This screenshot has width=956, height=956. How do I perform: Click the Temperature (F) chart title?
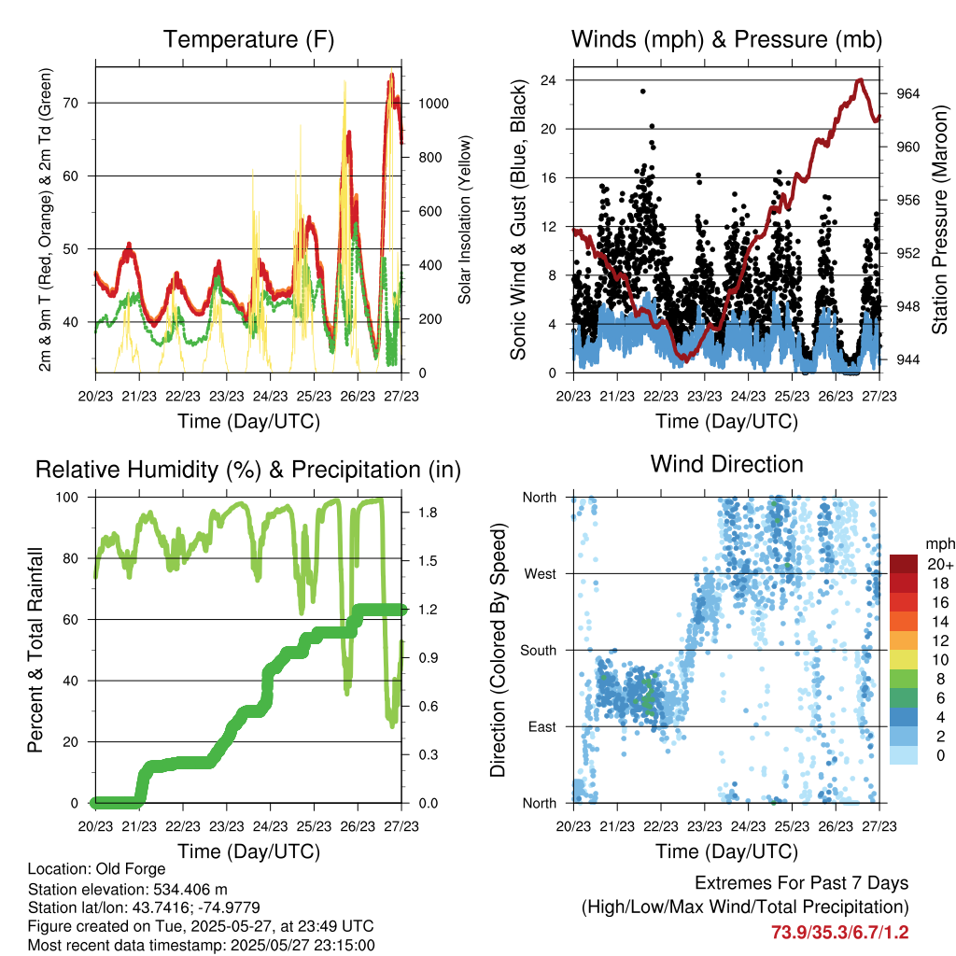248,40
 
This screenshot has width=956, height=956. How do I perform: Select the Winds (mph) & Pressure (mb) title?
726,40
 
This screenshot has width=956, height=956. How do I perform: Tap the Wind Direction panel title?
726,464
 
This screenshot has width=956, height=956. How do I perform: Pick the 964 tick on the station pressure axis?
907,93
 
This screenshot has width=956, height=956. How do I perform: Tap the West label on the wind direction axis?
540,573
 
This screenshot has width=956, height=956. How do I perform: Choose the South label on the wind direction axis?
538,650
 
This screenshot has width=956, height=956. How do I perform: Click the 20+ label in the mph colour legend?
938,564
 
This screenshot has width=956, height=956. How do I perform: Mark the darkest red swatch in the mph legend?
903,564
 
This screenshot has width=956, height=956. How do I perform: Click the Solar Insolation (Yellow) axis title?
465,219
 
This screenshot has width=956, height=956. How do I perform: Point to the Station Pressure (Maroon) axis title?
941,219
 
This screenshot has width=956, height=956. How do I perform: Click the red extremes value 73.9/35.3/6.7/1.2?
839,932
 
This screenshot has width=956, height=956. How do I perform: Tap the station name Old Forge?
131,869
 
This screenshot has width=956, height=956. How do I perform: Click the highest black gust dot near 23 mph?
642,91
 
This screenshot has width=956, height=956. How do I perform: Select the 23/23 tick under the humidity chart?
226,826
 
